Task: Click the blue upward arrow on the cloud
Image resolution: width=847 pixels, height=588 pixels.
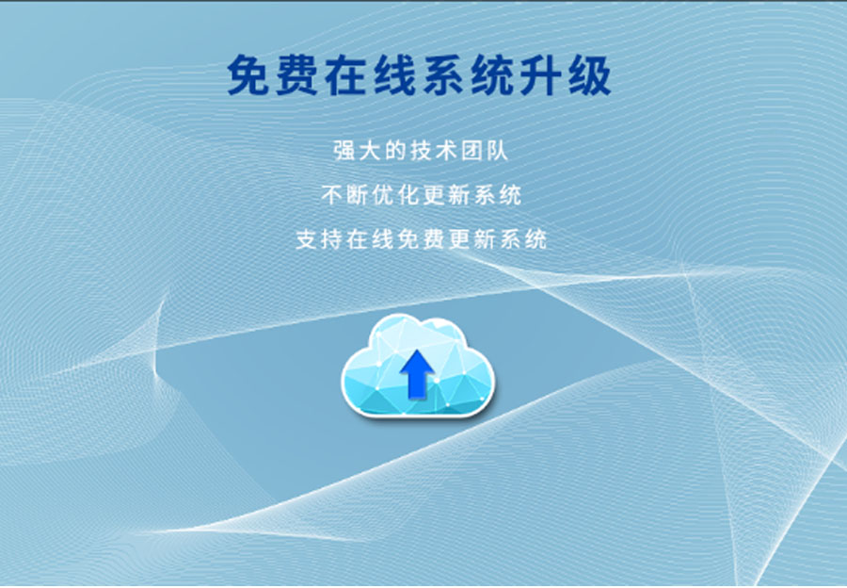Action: [x=417, y=374]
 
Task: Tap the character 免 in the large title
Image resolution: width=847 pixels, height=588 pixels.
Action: [x=248, y=74]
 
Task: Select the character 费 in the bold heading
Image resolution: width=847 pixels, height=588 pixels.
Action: [x=297, y=74]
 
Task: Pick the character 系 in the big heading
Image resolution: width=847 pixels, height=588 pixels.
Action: [x=443, y=74]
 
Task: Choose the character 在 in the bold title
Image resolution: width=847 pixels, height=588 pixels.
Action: [x=345, y=74]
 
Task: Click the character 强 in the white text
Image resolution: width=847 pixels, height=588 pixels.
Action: [x=344, y=151]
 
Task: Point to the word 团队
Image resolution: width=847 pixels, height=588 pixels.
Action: [x=485, y=151]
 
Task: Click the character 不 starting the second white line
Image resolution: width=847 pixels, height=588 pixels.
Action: [x=331, y=195]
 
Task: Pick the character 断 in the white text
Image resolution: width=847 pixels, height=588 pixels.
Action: [x=357, y=195]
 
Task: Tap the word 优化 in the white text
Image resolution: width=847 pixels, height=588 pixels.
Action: [x=395, y=195]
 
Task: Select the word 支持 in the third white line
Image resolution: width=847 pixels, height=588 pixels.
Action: [x=319, y=239]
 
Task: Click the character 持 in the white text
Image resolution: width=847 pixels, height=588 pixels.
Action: [x=331, y=239]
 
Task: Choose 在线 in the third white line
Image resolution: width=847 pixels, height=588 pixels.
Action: [x=370, y=239]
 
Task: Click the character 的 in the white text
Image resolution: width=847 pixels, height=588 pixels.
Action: [x=395, y=151]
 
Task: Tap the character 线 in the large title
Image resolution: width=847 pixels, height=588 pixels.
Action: [x=395, y=74]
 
